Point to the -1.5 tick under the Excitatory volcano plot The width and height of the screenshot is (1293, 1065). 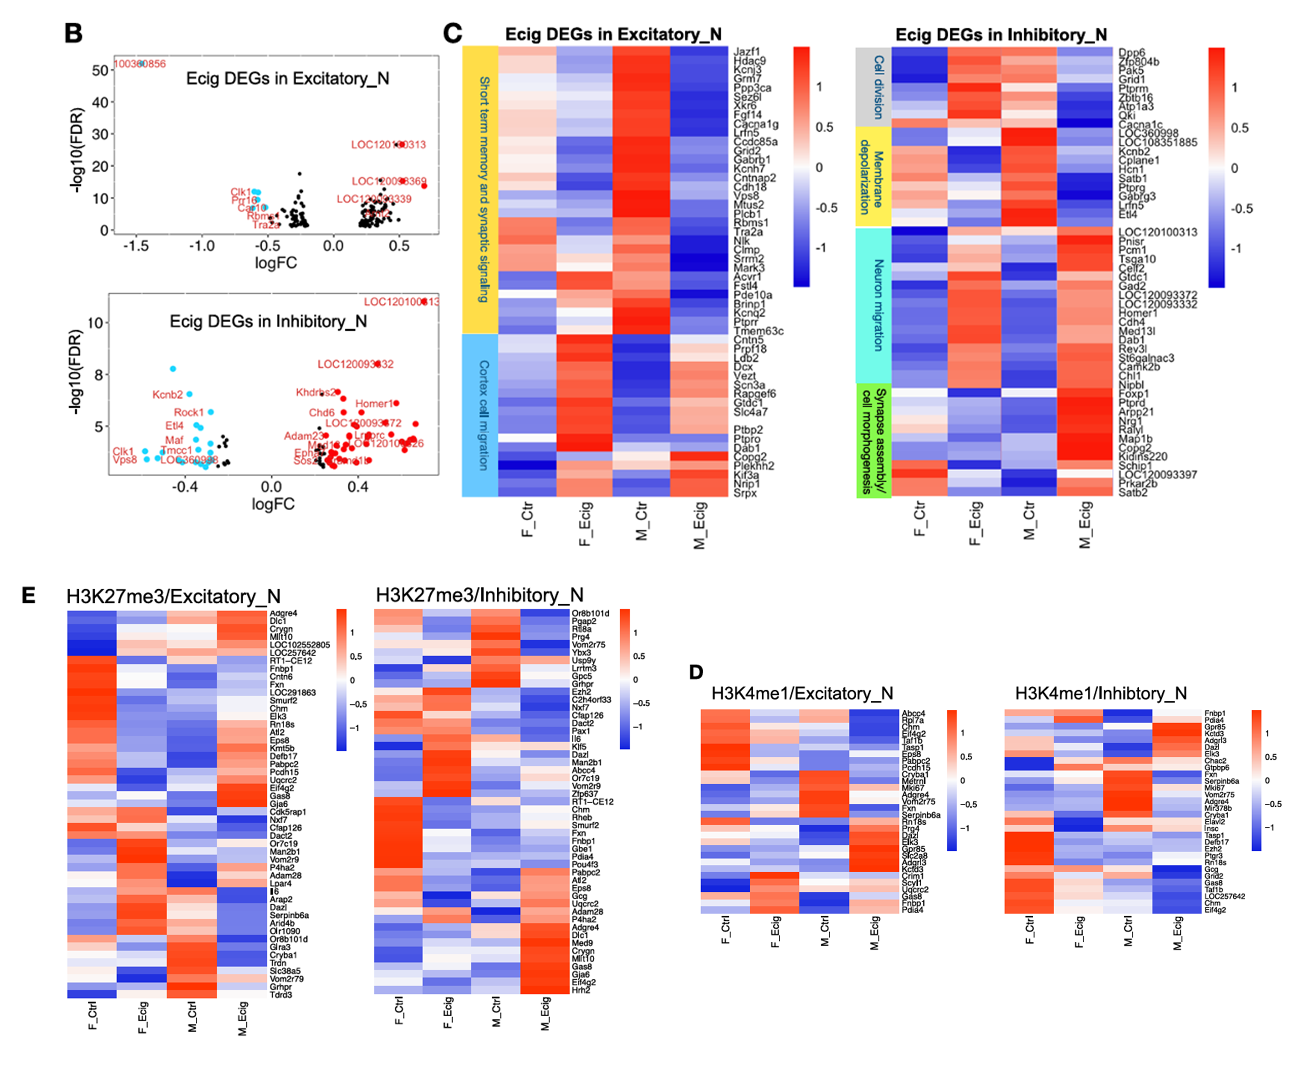pos(136,246)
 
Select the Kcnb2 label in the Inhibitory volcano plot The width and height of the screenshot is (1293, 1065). pos(167,394)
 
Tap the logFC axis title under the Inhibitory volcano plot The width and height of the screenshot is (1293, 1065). pos(273,504)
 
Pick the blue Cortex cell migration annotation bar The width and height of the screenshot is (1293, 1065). pos(480,415)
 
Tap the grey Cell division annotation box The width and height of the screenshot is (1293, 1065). pos(873,87)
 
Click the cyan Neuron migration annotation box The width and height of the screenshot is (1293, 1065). pos(873,305)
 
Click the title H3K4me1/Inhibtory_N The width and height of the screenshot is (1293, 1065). pos(1100,693)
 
